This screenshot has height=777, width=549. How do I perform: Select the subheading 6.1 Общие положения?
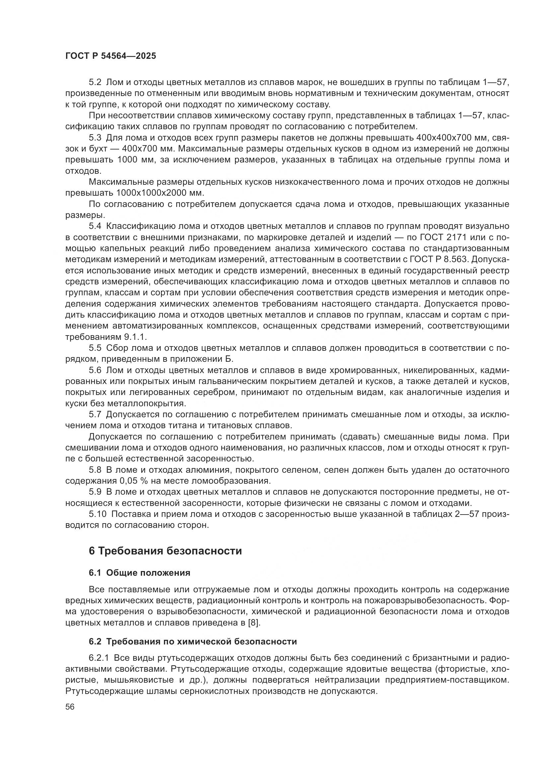[139, 573]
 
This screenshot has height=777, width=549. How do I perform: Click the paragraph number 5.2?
[95, 82]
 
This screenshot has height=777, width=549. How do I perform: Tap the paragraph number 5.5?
[95, 348]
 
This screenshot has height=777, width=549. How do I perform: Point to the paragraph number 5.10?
[97, 514]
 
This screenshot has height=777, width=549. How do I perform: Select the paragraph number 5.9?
[95, 492]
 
